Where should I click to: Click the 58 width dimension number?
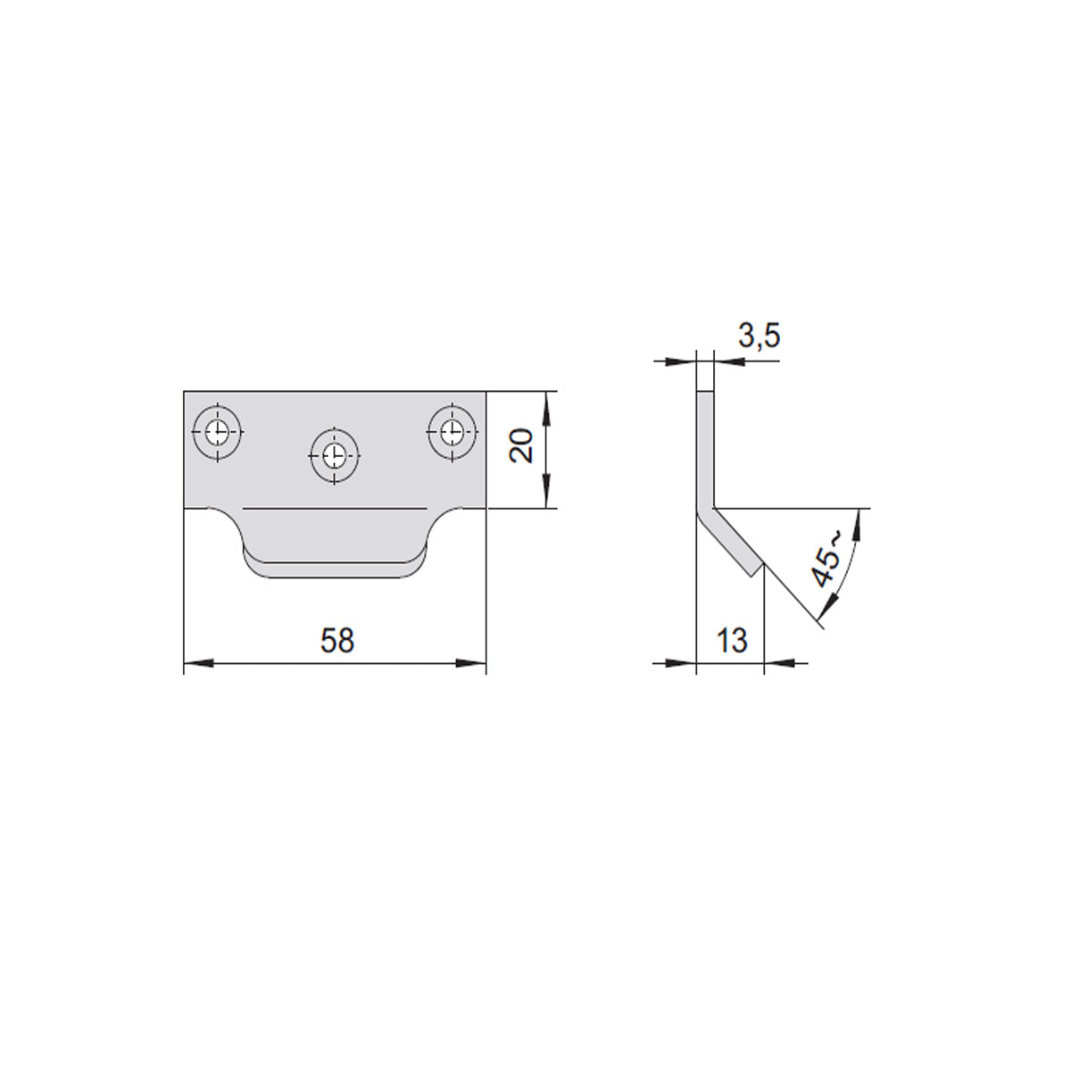pyautogui.click(x=336, y=640)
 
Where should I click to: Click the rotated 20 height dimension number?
pyautogui.click(x=521, y=445)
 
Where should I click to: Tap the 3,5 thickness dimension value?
pyautogui.click(x=760, y=336)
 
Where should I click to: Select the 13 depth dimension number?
pyautogui.click(x=732, y=640)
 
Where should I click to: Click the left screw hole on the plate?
pyautogui.click(x=217, y=432)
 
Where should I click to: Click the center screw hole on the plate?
pyautogui.click(x=334, y=456)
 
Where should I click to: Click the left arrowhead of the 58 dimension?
pyautogui.click(x=198, y=663)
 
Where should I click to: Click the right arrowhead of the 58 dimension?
pyautogui.click(x=471, y=663)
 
